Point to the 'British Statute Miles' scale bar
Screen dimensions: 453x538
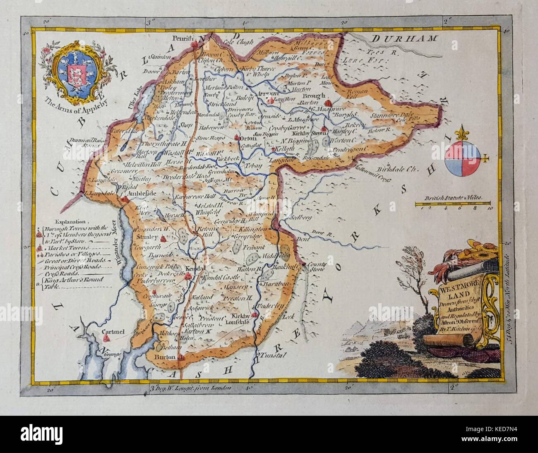[x=453, y=203]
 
